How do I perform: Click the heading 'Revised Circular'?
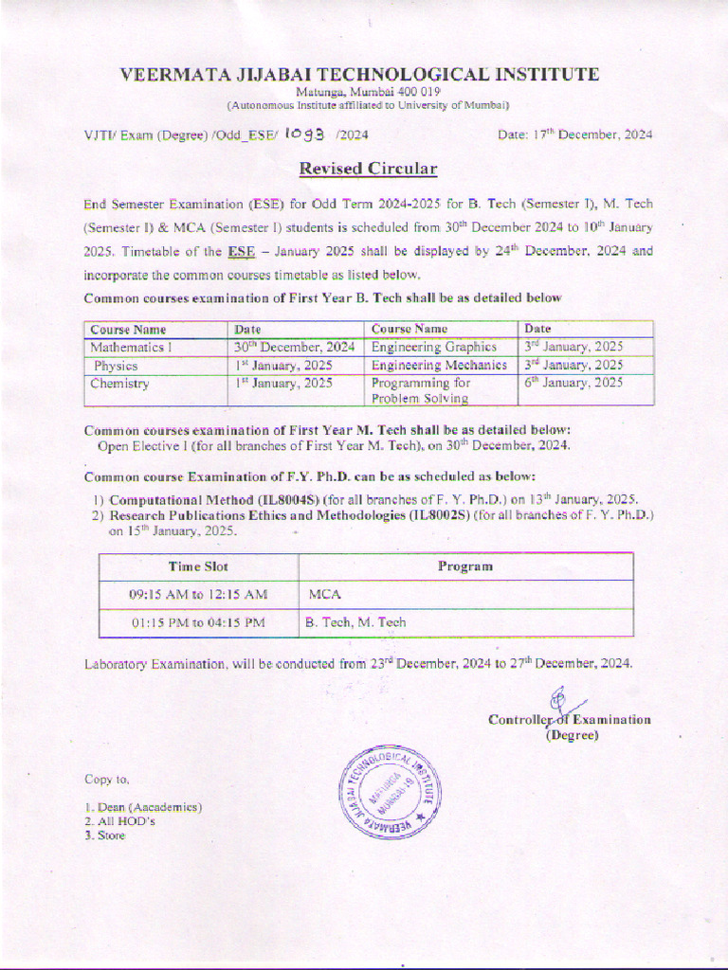tap(368, 170)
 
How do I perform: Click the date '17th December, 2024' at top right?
tap(574, 135)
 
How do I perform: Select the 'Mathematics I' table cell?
tap(127, 347)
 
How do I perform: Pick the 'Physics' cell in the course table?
tap(116, 365)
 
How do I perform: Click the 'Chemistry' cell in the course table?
tap(119, 383)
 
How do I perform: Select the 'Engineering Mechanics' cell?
tap(438, 365)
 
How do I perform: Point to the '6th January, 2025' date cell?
tap(573, 383)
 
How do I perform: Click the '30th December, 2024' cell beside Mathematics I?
tap(295, 347)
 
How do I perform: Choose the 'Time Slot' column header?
tap(198, 566)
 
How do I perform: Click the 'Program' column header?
tap(464, 566)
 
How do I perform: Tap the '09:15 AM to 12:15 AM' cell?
tap(198, 595)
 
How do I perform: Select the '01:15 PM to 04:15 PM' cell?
tap(197, 622)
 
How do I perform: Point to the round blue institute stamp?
tap(389, 791)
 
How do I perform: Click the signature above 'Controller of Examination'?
tap(559, 701)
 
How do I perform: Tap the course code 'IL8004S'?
tap(295, 498)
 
